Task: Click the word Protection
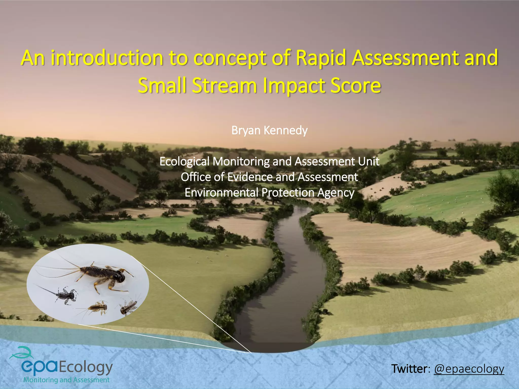pos(288,192)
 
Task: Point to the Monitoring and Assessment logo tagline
pos(66,380)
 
